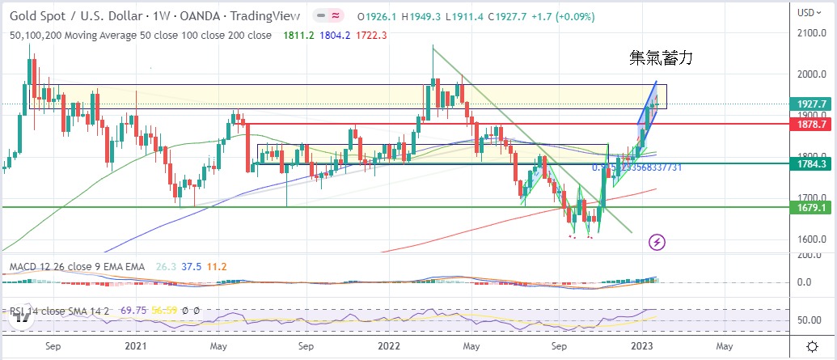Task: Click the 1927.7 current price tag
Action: point(811,104)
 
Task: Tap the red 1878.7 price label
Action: point(811,125)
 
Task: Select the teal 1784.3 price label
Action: point(811,164)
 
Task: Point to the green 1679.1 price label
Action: point(811,207)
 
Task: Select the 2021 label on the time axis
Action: point(135,345)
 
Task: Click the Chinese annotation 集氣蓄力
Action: point(662,58)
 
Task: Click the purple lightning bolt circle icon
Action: point(657,241)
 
